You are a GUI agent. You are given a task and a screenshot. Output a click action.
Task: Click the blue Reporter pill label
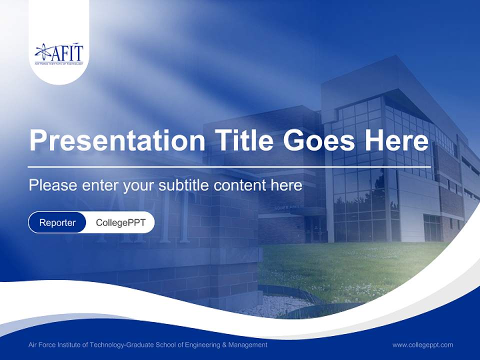[x=57, y=222]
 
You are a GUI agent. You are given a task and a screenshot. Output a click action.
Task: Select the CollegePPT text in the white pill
[x=120, y=222]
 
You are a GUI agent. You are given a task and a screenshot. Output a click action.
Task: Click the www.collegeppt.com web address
[x=422, y=344]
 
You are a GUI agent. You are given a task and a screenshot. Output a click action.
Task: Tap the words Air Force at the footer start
[x=42, y=344]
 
